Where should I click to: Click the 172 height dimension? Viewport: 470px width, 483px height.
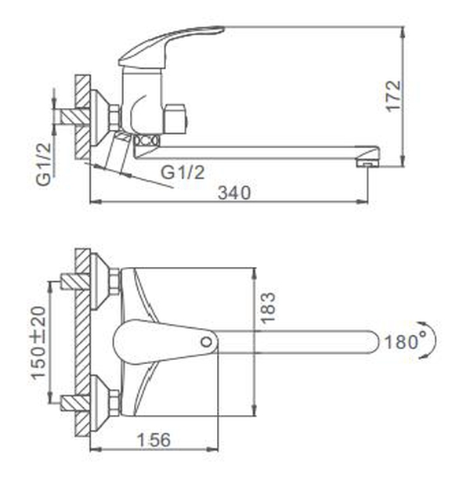[394, 96]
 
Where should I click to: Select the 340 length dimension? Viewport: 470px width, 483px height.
[234, 193]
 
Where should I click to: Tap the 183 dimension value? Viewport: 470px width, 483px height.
[268, 308]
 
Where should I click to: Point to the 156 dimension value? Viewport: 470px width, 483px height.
[154, 440]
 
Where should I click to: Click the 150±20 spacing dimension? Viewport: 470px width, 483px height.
[38, 343]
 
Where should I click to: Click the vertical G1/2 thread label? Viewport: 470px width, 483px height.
[44, 164]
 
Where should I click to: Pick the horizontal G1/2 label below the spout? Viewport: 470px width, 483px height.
[183, 172]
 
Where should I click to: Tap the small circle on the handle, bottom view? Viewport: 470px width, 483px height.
[206, 341]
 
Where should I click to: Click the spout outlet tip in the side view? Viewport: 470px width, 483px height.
[367, 163]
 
